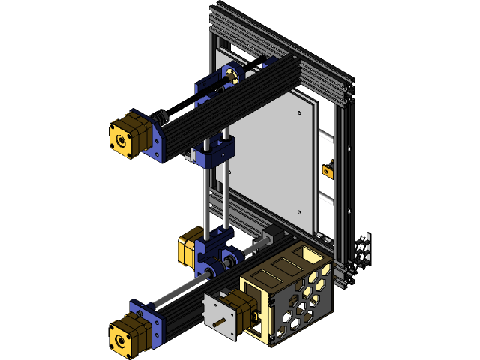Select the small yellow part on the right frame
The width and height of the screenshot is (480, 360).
pos(328,170)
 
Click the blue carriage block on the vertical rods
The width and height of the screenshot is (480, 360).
pos(217,150)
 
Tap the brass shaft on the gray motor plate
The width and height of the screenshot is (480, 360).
pos(217,325)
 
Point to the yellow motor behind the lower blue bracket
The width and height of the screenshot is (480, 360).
pos(187,250)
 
